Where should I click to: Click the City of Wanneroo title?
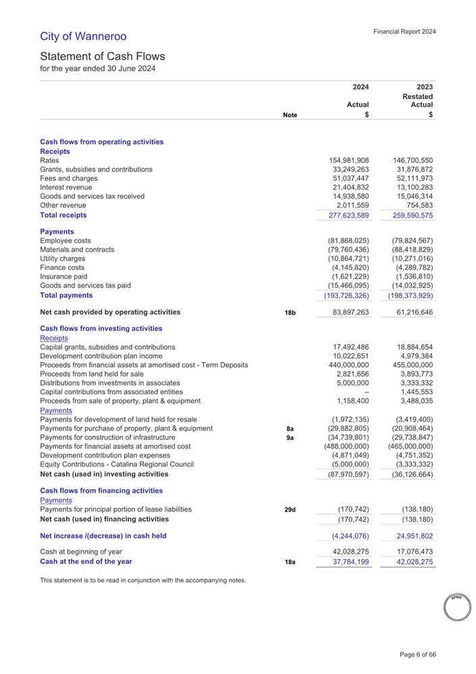(83, 36)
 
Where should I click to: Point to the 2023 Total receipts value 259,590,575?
(408, 215)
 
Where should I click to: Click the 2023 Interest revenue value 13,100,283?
(410, 187)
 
